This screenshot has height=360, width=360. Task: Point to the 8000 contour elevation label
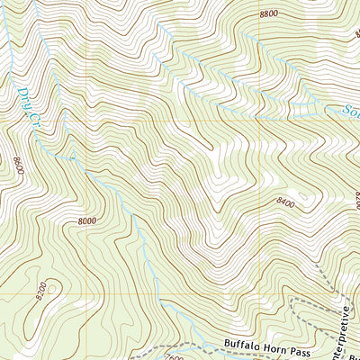tap(87, 220)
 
